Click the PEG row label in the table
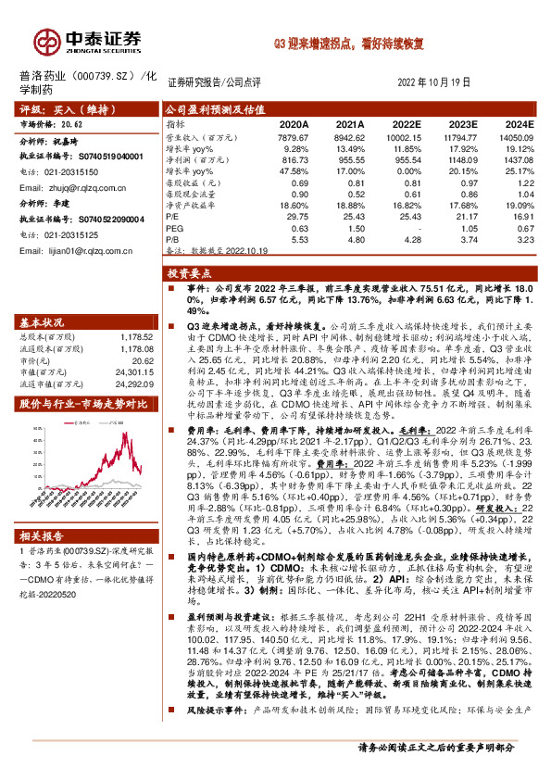(x=173, y=228)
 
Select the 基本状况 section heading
(x=43, y=322)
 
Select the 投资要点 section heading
(x=191, y=273)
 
